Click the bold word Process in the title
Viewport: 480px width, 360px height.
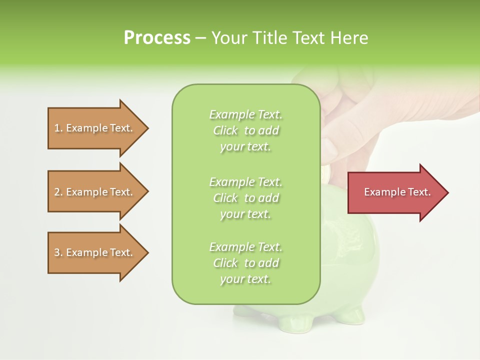(157, 38)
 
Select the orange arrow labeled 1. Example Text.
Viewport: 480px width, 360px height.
(95, 128)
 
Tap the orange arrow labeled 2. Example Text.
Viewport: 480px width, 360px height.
(95, 192)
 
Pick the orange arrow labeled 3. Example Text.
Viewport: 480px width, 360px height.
(95, 252)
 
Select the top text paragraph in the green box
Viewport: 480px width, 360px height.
(245, 130)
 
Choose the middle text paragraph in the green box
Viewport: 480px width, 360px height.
(245, 198)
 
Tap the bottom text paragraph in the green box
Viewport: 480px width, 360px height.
(245, 263)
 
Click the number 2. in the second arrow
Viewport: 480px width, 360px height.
(58, 192)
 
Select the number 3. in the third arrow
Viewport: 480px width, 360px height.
(58, 252)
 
